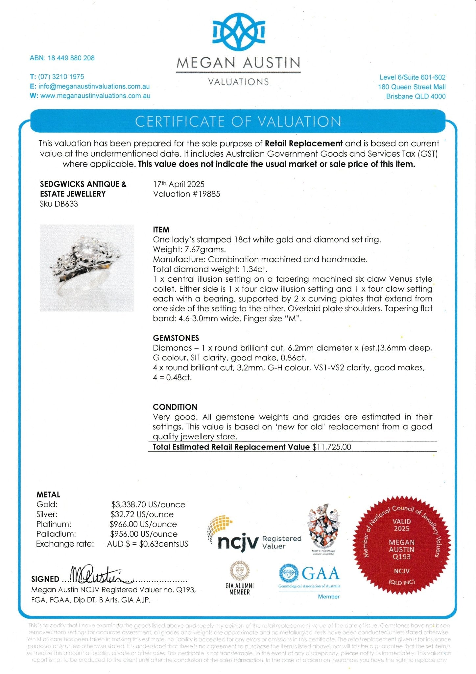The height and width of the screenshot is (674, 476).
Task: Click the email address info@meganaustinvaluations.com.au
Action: pyautogui.click(x=94, y=86)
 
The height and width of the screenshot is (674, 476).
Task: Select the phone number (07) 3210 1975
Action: pyautogui.click(x=61, y=77)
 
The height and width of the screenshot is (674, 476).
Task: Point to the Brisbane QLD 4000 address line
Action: pyautogui.click(x=416, y=96)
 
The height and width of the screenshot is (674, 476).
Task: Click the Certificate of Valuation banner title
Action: pyautogui.click(x=238, y=121)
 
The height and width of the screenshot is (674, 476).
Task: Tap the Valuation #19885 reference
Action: pyautogui.click(x=187, y=194)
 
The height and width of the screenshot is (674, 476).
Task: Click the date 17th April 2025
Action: pyautogui.click(x=179, y=184)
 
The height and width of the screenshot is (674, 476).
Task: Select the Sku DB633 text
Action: pyautogui.click(x=59, y=204)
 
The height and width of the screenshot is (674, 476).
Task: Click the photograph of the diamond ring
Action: pyautogui.click(x=87, y=268)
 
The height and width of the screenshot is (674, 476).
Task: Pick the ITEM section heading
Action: pyautogui.click(x=161, y=230)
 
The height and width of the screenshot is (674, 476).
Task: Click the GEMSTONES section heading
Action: pyautogui.click(x=176, y=338)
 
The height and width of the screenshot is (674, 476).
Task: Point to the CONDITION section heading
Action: pyautogui.click(x=175, y=407)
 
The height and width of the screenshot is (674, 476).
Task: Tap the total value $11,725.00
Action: pyautogui.click(x=331, y=447)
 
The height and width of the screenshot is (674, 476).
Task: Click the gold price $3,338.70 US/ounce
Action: pyautogui.click(x=148, y=505)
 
